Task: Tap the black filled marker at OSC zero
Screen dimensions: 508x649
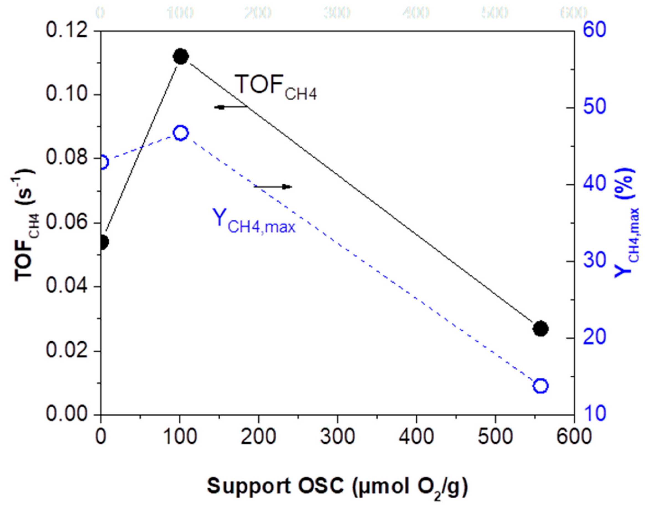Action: pos(103,242)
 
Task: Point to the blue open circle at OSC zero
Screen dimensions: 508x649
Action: pos(103,162)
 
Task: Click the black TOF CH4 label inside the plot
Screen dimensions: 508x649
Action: pos(276,87)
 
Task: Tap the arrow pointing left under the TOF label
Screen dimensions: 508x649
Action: pos(231,107)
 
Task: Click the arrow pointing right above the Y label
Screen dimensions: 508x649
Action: pos(273,187)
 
